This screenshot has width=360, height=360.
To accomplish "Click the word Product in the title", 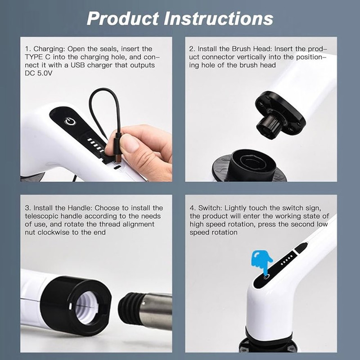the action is coord(123,18).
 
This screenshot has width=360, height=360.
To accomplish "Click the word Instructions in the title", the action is coord(218,18).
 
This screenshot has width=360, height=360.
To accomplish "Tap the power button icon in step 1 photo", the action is coord(70,121).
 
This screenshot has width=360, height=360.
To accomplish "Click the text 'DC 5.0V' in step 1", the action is coord(39,73).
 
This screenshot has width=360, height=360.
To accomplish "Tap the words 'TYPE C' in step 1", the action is coord(37,57).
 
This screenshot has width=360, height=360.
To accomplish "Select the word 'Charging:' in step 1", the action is coord(49,49).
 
